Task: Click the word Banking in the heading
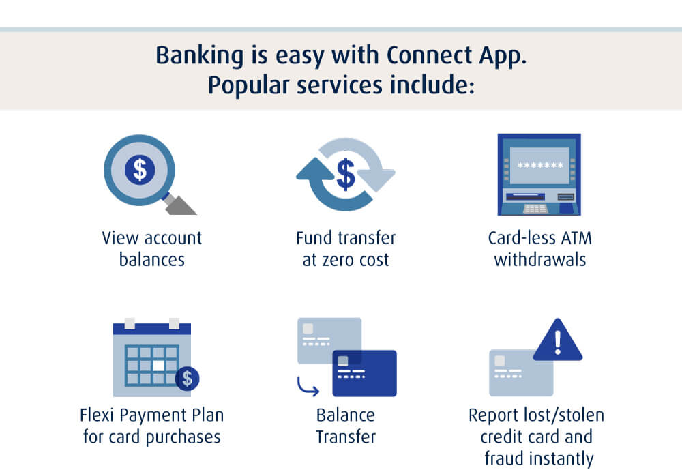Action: pos(199,56)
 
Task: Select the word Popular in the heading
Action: pos(248,85)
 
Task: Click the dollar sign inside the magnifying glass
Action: pos(140,169)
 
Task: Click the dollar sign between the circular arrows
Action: pos(346,174)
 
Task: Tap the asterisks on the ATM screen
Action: pos(540,165)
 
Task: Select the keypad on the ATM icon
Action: pos(535,209)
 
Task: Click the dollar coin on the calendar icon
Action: pos(188,378)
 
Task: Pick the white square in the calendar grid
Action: pos(159,366)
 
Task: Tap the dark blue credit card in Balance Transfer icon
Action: pos(364,373)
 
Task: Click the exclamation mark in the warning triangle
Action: pos(558,340)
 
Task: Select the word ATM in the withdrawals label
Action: pos(577,239)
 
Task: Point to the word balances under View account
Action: pos(152,260)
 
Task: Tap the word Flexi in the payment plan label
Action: pos(98,415)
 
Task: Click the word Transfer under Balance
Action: pos(346,437)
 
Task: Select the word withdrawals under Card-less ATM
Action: pos(540,260)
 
